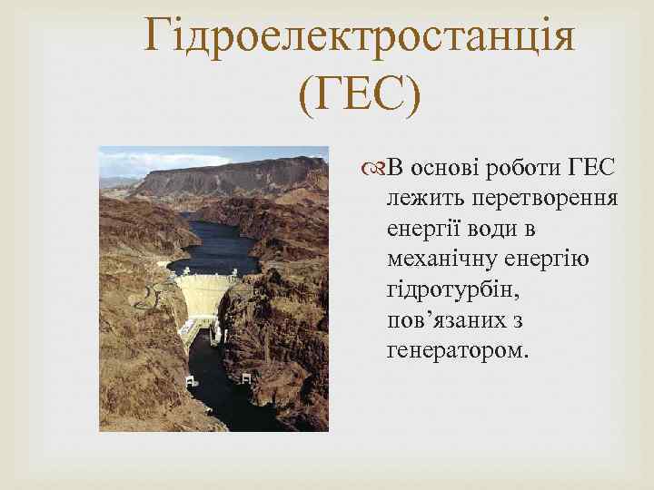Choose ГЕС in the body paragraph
pyautogui.click(x=591, y=168)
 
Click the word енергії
pyautogui.click(x=422, y=229)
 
